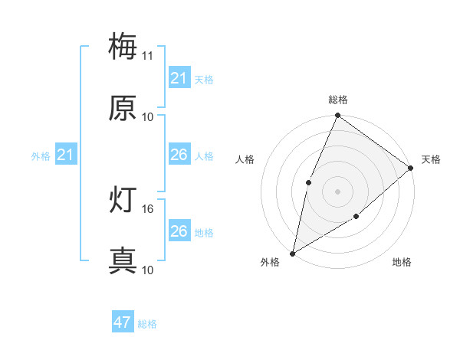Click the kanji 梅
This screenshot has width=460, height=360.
coord(123,47)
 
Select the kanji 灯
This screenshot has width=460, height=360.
coord(123,200)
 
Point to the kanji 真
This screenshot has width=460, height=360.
coord(123,261)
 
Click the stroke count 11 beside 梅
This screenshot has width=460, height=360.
coord(148,56)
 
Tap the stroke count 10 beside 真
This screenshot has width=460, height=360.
coord(148,270)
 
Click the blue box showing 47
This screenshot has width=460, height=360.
coord(123,322)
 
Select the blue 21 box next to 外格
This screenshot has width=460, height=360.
coord(65,155)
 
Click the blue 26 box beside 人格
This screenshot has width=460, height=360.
coord(179,155)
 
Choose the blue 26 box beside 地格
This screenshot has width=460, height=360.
coord(179,231)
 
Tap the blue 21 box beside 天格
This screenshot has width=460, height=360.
coord(179,78)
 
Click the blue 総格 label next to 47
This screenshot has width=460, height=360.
coord(147,324)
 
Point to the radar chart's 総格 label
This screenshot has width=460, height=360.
coord(337,100)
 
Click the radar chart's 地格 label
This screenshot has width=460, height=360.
coord(402,263)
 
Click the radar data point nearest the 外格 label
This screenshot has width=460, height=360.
coord(292,253)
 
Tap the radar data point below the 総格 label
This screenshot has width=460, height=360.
coord(337,116)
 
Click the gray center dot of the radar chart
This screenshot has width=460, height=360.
coord(337,191)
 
